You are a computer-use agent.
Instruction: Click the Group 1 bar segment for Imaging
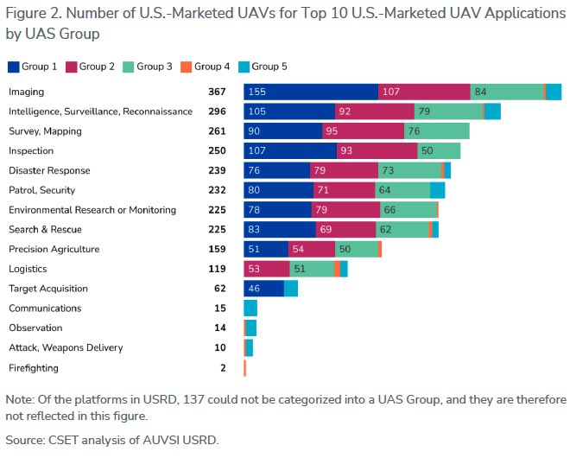(311, 92)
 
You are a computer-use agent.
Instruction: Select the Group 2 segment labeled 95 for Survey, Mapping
(363, 131)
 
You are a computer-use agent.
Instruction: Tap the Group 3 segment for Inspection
(439, 151)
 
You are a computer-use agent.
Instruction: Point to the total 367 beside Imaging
(217, 92)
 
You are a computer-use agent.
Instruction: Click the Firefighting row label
(34, 368)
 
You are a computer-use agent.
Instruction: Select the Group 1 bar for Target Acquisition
(263, 289)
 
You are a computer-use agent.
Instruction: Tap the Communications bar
(250, 309)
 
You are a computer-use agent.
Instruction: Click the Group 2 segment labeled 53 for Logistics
(266, 269)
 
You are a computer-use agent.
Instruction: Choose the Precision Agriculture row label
(54, 250)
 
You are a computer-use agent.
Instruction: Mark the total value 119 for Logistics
(217, 269)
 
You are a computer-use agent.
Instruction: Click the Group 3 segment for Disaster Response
(409, 170)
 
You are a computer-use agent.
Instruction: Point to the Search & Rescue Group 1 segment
(280, 230)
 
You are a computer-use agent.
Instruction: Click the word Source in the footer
(25, 440)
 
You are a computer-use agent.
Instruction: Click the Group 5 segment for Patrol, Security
(437, 190)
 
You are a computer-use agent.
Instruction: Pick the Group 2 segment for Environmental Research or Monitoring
(346, 210)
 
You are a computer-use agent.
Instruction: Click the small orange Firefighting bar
(245, 368)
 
